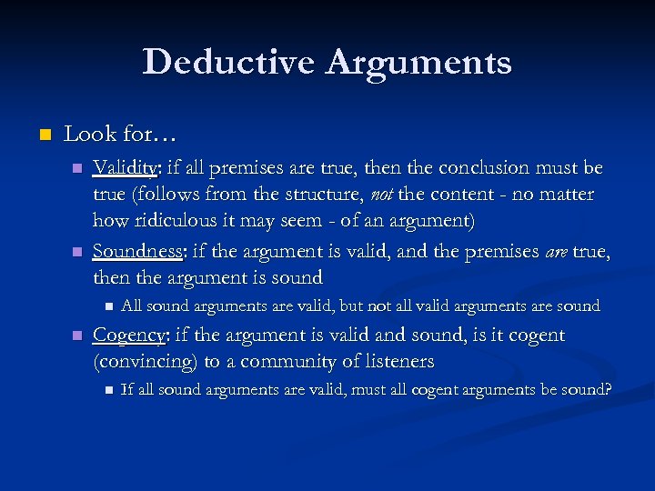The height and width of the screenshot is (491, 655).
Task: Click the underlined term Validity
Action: pyautogui.click(x=126, y=168)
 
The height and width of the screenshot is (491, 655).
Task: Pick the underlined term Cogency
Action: pyautogui.click(x=128, y=335)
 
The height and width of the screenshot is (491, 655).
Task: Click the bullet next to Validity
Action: pyautogui.click(x=77, y=169)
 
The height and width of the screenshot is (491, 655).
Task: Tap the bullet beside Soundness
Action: pyautogui.click(x=77, y=252)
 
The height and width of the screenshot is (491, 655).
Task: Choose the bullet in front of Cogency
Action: pyautogui.click(x=77, y=336)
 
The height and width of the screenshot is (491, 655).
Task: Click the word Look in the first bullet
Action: pyautogui.click(x=85, y=135)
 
